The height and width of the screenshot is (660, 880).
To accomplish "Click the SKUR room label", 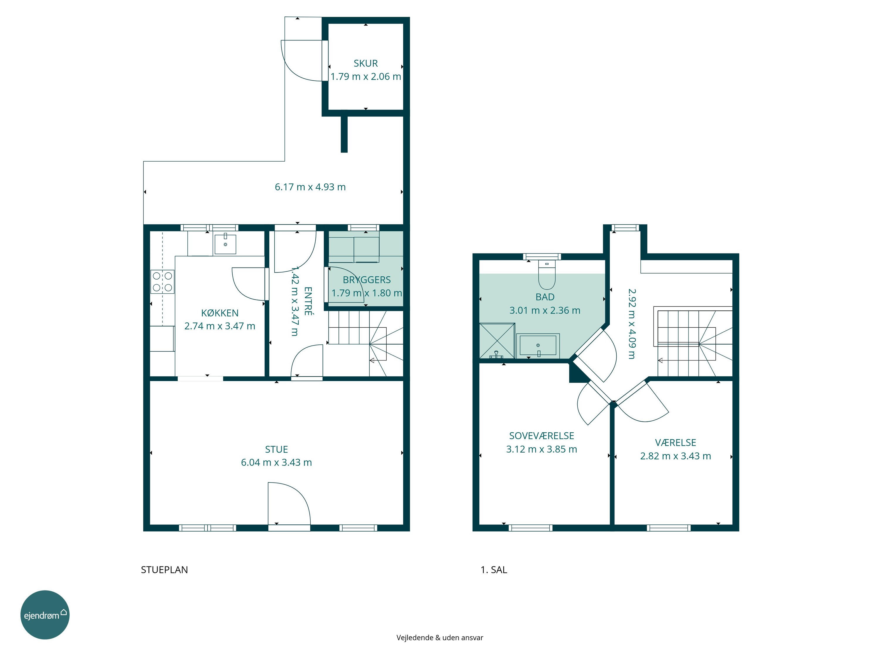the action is click(x=365, y=63).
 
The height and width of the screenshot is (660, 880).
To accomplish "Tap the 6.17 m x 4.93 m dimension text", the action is click(x=310, y=187).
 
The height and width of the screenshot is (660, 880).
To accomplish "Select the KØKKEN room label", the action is click(x=220, y=313).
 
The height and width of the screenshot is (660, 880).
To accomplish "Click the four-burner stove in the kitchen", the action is click(x=162, y=282).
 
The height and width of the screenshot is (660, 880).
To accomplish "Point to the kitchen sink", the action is click(x=225, y=244).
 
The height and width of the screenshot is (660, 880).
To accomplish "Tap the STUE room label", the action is click(x=277, y=450).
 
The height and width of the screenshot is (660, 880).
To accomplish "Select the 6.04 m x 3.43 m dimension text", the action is click(x=277, y=463).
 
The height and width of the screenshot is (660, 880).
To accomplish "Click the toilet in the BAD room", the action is click(x=546, y=275).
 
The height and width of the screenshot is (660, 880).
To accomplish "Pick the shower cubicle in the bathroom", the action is click(x=497, y=341).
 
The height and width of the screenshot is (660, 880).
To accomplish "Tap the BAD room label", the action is click(x=545, y=297).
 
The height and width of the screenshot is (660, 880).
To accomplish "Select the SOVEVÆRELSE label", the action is click(x=541, y=436).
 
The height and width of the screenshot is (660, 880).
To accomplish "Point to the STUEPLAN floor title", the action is click(x=164, y=570).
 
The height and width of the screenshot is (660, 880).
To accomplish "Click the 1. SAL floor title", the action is click(x=494, y=570).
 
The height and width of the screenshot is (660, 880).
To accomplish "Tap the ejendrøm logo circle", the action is click(x=45, y=615).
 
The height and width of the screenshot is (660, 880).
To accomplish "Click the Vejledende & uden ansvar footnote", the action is click(x=440, y=638).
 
